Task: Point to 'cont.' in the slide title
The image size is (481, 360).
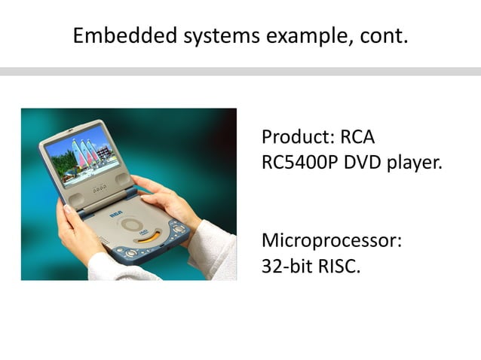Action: (380, 35)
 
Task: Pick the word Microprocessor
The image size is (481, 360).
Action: (331, 242)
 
